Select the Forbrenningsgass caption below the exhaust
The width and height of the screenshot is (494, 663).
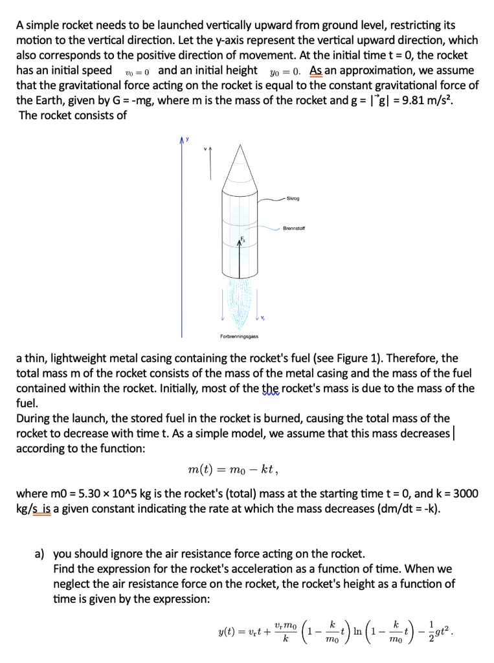(239, 336)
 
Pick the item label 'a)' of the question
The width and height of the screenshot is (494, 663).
(39, 554)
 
